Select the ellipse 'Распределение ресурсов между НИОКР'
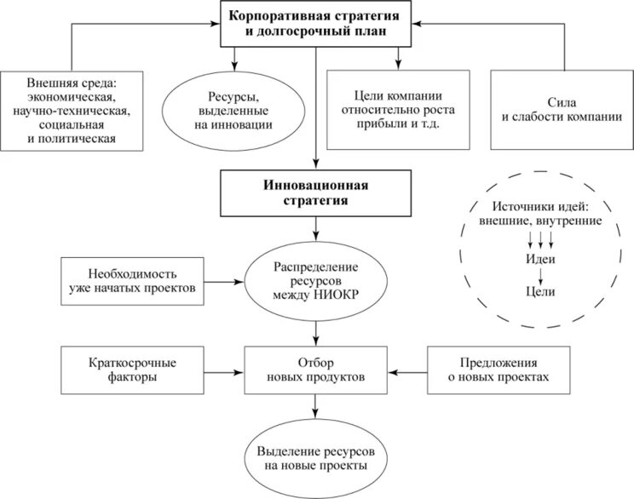click(316, 281)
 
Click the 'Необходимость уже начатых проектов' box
click(135, 281)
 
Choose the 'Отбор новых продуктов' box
click(316, 369)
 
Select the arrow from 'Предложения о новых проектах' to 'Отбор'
click(407, 371)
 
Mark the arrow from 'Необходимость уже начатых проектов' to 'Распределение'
click(225, 281)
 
